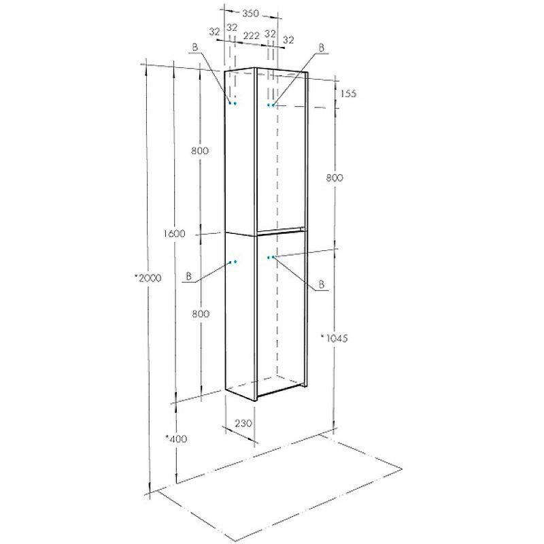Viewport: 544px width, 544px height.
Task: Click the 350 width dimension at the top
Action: point(250,14)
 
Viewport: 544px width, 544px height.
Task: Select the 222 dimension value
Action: point(251,36)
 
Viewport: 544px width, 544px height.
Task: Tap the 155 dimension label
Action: point(348,94)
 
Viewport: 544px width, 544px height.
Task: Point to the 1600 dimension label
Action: point(174,233)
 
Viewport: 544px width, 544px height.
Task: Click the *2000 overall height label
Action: point(148,278)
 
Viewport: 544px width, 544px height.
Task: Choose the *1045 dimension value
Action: point(334,338)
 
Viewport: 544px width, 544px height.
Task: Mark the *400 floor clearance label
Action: point(176,439)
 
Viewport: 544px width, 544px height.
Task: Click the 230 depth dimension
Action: point(243,423)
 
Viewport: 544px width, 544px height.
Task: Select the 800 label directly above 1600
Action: point(200,150)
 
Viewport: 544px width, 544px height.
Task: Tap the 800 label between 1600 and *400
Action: point(201,313)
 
